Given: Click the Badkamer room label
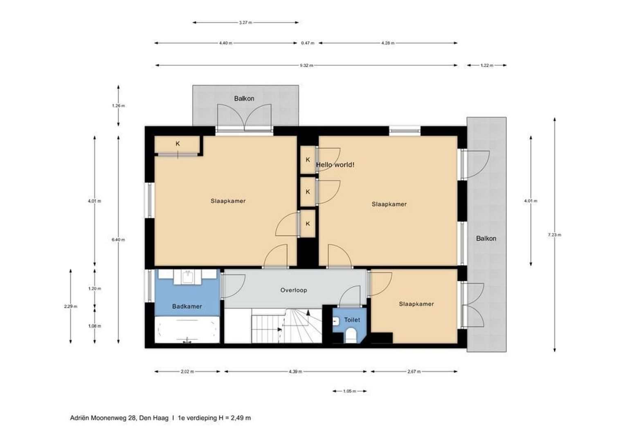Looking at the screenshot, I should point(187,306).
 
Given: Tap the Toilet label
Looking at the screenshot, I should point(352,320).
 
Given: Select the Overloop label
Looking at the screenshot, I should point(293,290).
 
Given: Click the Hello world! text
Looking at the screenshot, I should point(335,165).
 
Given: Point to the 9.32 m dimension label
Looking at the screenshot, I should point(306,65).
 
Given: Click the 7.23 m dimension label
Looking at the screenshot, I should point(555,235).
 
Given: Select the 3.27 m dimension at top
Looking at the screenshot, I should point(245,23).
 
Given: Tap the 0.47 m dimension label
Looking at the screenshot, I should point(308,43).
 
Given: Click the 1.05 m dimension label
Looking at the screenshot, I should point(349,391).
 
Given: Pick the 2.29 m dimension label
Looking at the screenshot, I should point(71,306).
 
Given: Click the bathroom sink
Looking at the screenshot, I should point(188,277).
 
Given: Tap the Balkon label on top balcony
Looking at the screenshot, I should point(244,98).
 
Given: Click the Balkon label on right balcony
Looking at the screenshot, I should point(486,238).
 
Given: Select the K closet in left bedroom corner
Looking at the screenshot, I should point(178,144).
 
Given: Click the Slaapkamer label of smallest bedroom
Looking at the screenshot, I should point(416,304).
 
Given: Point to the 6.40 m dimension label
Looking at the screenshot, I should point(118,239).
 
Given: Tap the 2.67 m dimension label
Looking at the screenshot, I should point(414,372).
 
